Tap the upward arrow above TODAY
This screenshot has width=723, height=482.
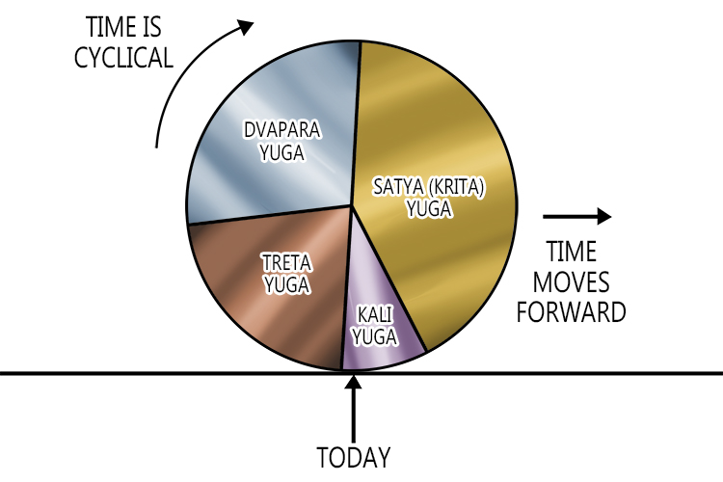355,406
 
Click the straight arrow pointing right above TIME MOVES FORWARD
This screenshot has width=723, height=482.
576,215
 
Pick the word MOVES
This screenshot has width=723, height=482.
572,282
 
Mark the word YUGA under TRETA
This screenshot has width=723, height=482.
285,285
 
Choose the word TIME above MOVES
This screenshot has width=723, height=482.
572,253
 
